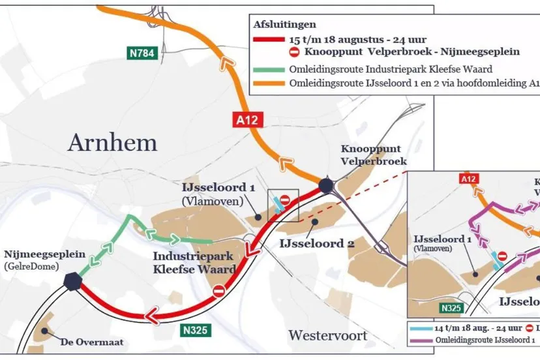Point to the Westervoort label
coord(327,336)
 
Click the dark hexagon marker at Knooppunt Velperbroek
coord(326,187)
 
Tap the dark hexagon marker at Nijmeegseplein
coord(73,281)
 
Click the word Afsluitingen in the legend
coord(281,24)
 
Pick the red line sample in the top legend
coord(268,40)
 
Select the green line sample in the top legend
coord(268,70)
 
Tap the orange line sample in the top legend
coord(268,83)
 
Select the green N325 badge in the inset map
coord(453,307)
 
